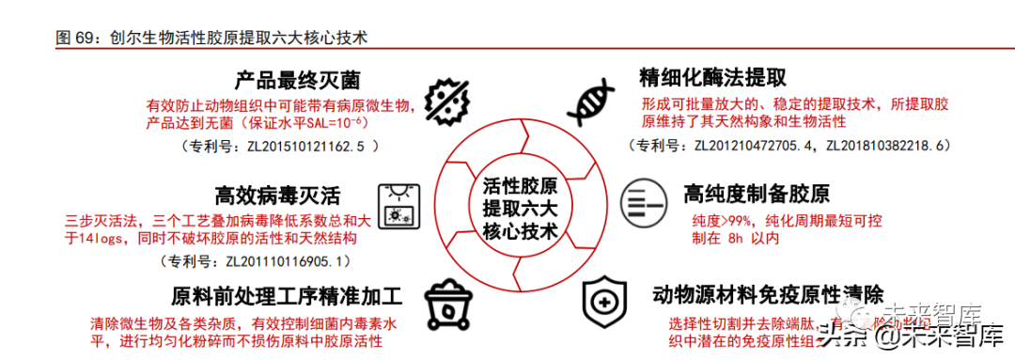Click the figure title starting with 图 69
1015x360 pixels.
tap(211, 38)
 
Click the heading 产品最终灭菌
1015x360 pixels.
tap(298, 80)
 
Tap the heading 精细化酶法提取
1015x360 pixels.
tap(712, 77)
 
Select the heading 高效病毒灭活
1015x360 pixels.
tap(278, 196)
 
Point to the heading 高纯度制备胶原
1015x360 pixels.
tap(757, 195)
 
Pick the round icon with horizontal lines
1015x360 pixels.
tap(644, 197)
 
